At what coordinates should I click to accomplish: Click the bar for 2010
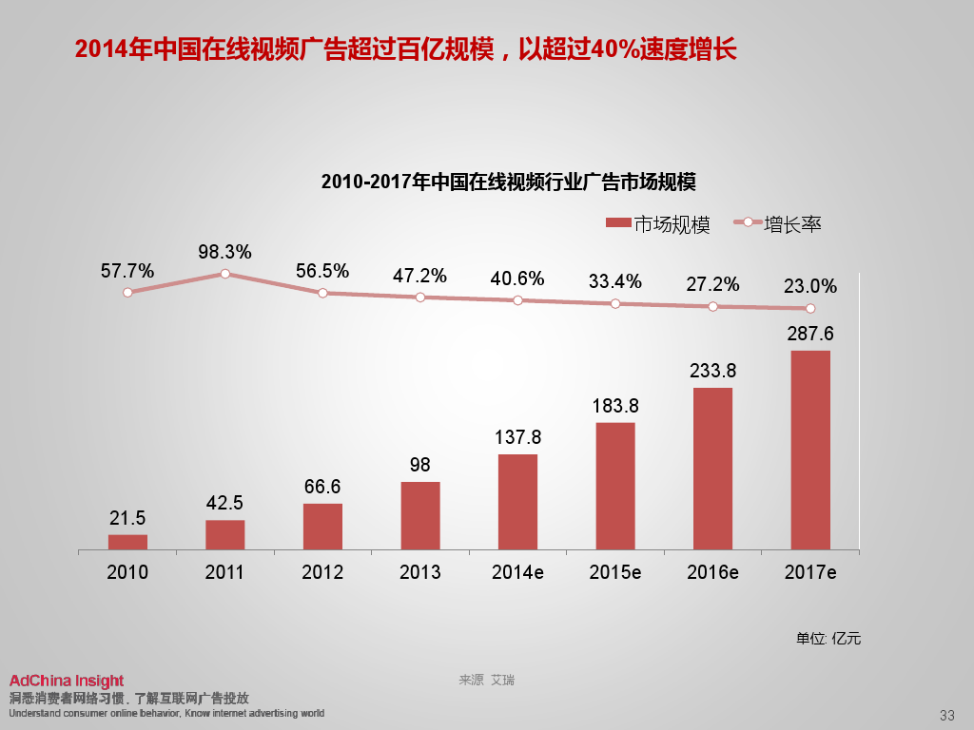(127, 542)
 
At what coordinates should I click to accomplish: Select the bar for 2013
(419, 515)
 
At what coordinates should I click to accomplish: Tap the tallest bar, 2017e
(809, 450)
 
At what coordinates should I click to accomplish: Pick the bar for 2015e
(614, 486)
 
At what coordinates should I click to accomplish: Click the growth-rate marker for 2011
(225, 274)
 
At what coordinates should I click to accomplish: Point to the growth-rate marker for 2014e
(517, 300)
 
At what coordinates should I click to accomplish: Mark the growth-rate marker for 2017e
(810, 308)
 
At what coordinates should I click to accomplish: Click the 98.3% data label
(225, 252)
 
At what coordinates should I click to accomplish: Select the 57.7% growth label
(127, 271)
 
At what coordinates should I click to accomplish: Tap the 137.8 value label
(517, 438)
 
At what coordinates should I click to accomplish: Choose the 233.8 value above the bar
(712, 371)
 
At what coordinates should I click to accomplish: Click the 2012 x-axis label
(322, 572)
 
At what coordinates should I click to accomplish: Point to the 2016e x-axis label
(712, 572)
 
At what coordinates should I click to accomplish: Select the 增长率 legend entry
(778, 224)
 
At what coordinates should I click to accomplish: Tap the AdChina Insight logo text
(67, 681)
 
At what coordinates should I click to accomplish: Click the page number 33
(946, 715)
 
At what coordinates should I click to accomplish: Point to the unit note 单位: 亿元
(828, 639)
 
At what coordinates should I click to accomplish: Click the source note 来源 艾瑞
(487, 681)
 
